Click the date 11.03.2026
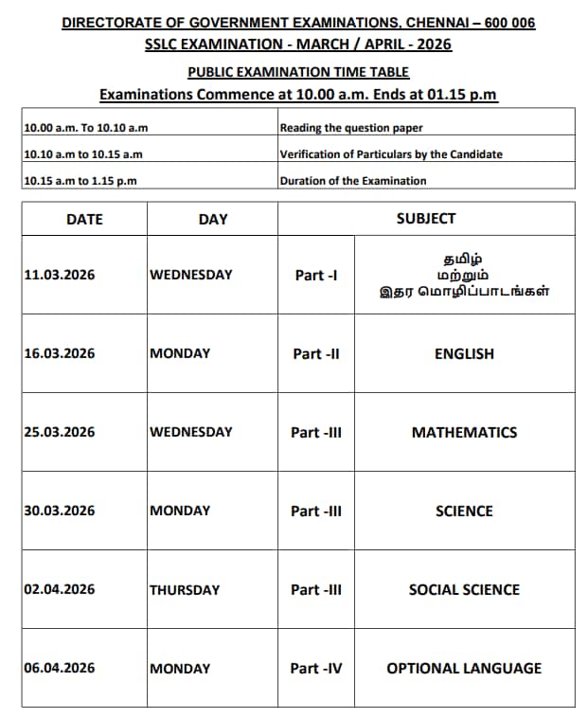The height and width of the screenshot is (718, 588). click(x=60, y=275)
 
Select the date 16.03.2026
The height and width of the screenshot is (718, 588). click(x=60, y=353)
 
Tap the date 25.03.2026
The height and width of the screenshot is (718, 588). click(x=60, y=432)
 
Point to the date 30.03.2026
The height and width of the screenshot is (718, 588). click(x=60, y=511)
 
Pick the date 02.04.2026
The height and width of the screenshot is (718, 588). click(x=60, y=589)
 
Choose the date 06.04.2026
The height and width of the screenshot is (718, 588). click(x=60, y=668)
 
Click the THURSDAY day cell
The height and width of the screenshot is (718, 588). click(x=185, y=589)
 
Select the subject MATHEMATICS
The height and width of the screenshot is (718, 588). click(x=464, y=432)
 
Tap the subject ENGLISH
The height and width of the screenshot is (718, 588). click(x=464, y=353)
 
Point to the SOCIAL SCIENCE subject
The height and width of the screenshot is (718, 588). click(x=464, y=589)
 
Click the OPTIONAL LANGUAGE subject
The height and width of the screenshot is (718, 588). click(x=464, y=668)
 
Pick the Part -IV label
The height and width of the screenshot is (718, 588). click(x=316, y=668)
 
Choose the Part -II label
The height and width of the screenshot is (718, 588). click(x=316, y=353)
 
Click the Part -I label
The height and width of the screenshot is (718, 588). click(x=316, y=275)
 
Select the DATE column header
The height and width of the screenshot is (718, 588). click(x=84, y=219)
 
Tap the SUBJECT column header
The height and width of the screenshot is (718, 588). click(x=426, y=219)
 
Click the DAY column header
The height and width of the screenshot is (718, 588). click(x=213, y=219)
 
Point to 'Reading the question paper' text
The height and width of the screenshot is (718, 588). click(x=351, y=128)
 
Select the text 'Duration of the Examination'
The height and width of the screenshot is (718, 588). click(x=353, y=181)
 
